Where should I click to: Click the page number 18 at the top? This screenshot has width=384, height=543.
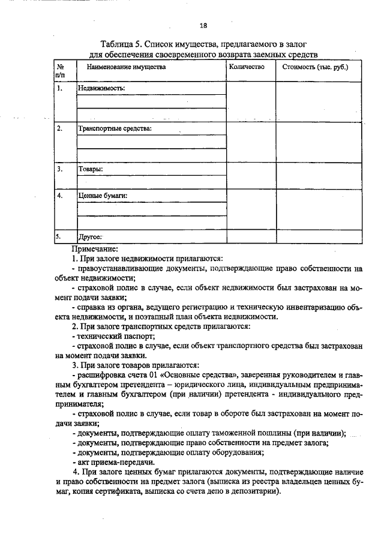point(203,25)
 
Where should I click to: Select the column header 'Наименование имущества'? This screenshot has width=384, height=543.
point(127,67)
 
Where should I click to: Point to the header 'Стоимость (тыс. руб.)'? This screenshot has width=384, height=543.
point(315,67)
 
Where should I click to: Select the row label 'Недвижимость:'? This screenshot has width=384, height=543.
point(100,88)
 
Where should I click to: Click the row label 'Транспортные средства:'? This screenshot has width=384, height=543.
point(115,128)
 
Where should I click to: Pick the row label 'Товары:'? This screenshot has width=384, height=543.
point(91,169)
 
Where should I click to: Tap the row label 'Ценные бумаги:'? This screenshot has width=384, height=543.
point(103,196)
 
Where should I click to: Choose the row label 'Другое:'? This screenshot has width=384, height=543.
point(91,236)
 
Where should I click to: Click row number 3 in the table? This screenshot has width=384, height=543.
point(59,169)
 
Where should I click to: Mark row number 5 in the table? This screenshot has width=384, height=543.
point(58,236)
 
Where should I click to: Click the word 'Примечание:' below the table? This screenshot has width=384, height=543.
point(95,248)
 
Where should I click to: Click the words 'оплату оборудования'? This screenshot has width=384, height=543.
point(230,452)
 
